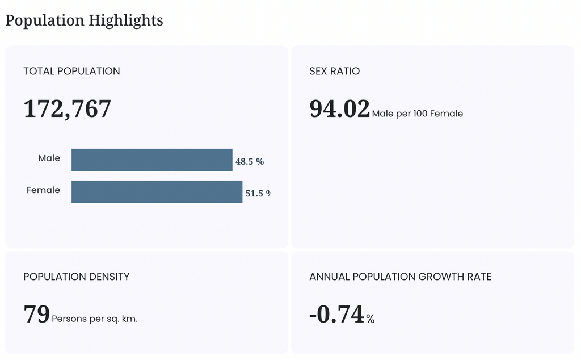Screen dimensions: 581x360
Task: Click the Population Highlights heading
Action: pos(84,20)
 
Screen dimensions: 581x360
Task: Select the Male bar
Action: pos(152,160)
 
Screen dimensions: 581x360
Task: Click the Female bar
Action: pos(157,192)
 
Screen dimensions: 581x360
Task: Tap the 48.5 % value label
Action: pos(250,161)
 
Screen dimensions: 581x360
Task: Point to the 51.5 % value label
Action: pos(258,193)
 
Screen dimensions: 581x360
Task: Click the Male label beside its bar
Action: pos(49,158)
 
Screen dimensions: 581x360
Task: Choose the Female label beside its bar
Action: pos(43,190)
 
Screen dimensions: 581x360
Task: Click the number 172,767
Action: pos(67,109)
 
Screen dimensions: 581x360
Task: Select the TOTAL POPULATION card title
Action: pos(71,71)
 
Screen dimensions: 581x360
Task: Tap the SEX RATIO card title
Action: pos(335,71)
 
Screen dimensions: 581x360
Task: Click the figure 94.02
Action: pos(339,108)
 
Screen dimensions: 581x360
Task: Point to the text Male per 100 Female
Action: pos(418,114)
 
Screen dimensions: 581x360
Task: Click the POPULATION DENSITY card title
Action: pos(77,277)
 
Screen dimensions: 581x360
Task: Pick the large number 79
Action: pos(36,314)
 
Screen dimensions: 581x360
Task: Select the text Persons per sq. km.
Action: pos(95,319)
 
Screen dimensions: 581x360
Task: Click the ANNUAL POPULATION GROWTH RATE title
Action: pos(400,277)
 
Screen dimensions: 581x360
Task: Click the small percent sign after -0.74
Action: pos(371,319)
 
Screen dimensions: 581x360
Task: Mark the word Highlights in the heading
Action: pos(126,20)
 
